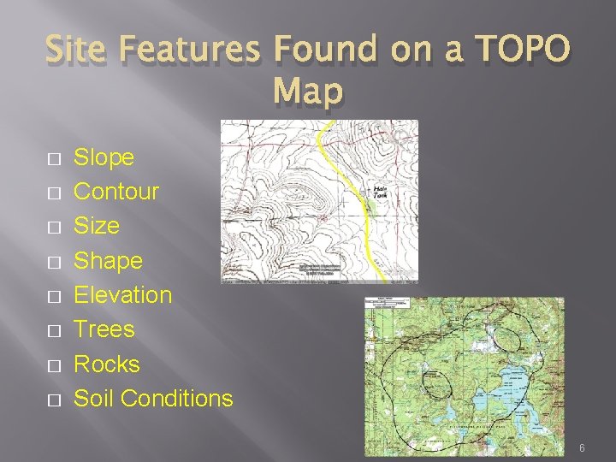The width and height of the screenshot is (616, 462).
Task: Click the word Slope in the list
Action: click(104, 157)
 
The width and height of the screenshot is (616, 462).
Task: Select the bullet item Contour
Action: click(116, 192)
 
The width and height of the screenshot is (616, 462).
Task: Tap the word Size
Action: click(97, 226)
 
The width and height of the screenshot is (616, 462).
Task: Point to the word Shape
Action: click(109, 260)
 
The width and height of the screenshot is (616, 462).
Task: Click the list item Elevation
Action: click(123, 295)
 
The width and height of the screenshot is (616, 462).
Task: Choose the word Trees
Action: click(104, 329)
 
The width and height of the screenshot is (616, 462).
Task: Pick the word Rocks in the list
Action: click(107, 364)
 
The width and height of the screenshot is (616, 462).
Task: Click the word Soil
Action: click(93, 398)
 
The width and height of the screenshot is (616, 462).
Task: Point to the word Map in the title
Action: click(308, 90)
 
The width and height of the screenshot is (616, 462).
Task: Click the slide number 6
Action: click(582, 448)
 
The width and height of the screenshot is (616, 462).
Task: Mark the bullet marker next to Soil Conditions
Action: click(53, 400)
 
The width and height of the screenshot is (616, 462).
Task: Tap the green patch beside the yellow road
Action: click(370, 206)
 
